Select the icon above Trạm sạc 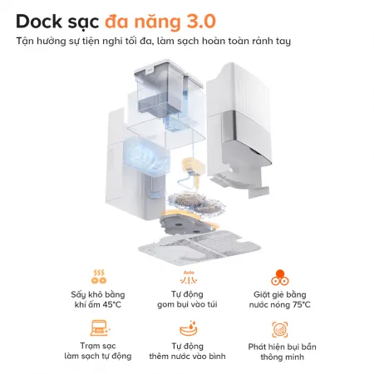[98, 326]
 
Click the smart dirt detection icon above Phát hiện [282, 327]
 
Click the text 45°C [112, 305]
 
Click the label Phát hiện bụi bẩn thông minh [282, 351]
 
